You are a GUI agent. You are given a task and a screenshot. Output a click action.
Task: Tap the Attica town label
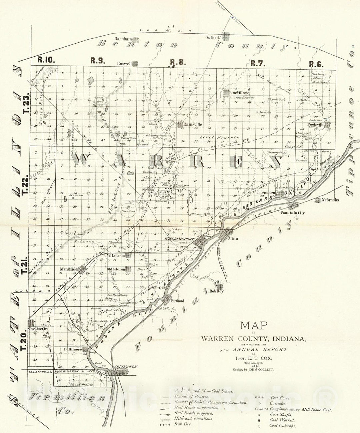tap(233, 239)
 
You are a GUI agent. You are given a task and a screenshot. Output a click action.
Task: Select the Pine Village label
tap(239, 93)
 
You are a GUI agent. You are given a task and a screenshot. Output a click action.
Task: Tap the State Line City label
tap(38, 329)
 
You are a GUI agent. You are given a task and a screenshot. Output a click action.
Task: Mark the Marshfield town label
tap(69, 269)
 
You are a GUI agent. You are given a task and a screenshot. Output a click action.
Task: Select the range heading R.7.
tap(258, 63)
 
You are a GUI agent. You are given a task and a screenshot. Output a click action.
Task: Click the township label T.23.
tap(26, 106)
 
